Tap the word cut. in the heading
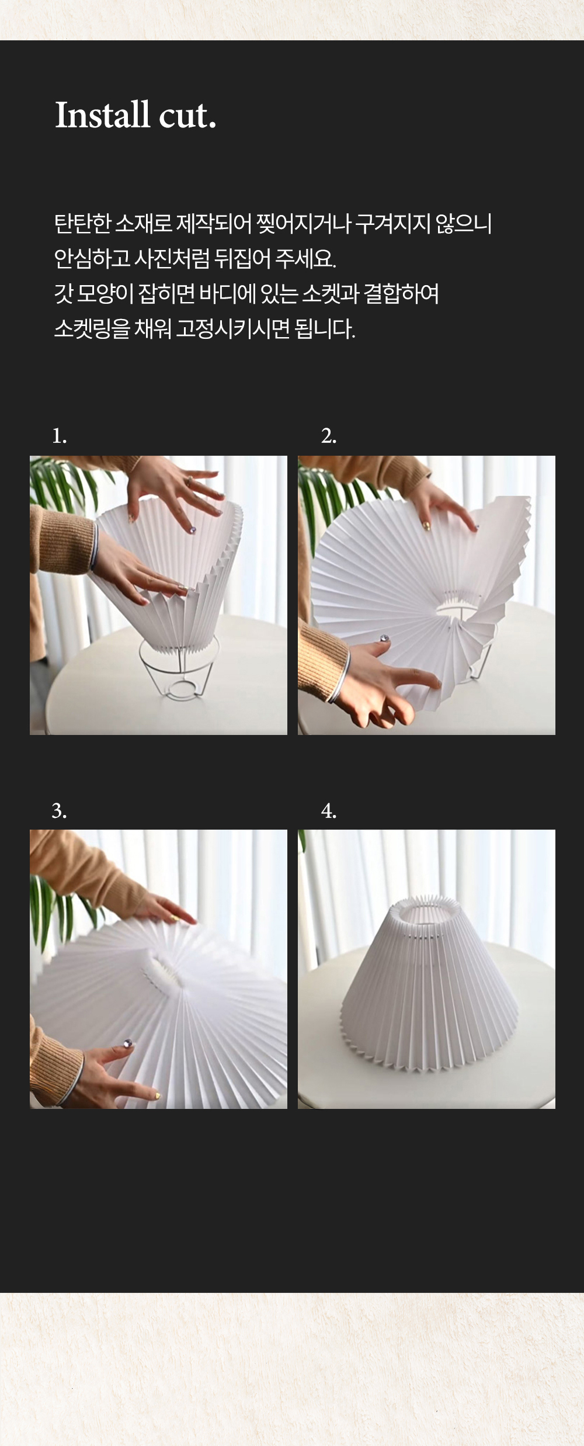187,116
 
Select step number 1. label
59,436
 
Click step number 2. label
329,436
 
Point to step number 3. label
59,810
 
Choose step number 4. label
329,810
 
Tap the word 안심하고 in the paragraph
92,258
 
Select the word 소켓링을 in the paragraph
92,329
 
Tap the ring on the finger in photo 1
189,481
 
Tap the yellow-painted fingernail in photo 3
157,1095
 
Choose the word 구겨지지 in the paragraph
392,223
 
